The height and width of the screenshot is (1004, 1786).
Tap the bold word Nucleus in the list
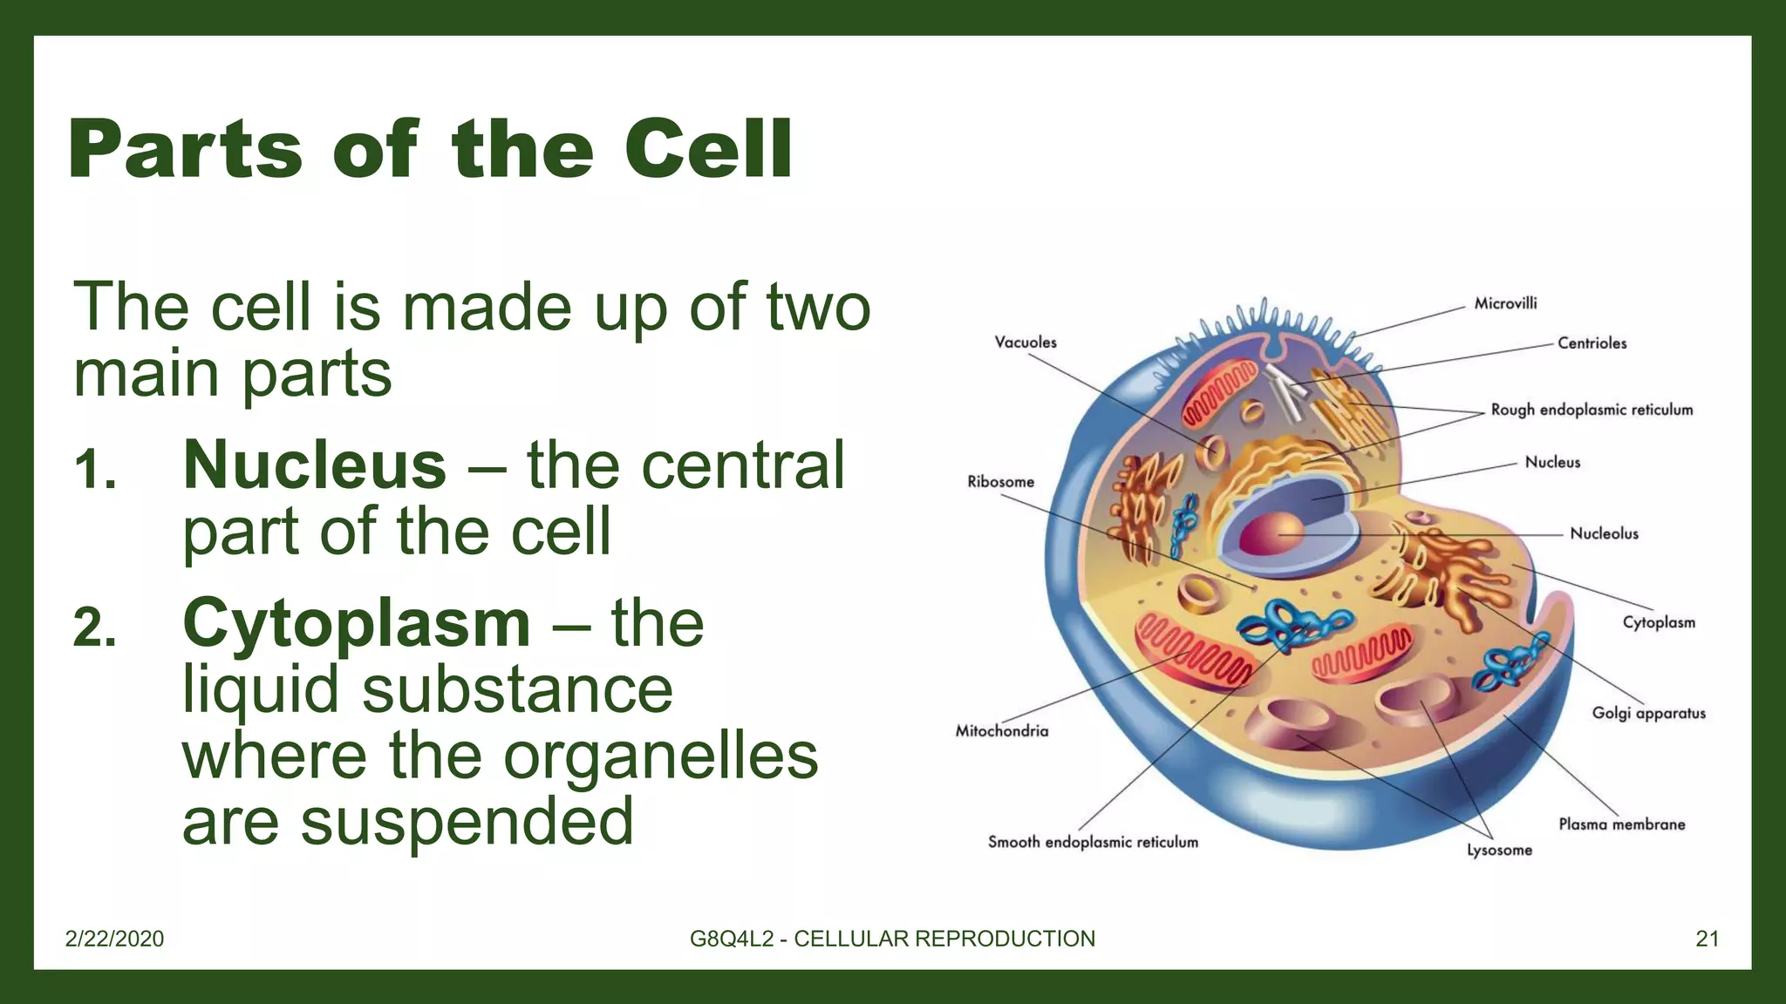coord(314,465)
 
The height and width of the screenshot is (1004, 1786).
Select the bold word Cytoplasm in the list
coord(356,624)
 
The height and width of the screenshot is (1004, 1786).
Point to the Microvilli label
coord(1505,303)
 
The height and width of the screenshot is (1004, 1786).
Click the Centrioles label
coord(1592,343)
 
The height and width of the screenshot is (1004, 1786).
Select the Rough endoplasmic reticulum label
coord(1592,410)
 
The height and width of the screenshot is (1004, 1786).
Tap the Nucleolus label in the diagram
coord(1604,533)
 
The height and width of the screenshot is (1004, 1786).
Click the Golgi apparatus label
coord(1648,713)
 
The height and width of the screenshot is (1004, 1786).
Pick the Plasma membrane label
coord(1621,824)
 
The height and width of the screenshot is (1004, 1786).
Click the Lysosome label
coord(1499,850)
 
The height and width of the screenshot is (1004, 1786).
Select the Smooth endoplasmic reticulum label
coord(1093,842)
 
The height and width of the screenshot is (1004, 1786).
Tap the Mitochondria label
coord(1001,731)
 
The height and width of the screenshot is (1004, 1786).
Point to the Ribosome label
coord(1000,482)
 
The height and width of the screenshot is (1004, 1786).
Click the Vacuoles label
coord(1025,343)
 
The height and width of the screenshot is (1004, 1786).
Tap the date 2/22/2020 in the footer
coord(114,939)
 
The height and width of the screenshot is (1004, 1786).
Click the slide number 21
coord(1707,939)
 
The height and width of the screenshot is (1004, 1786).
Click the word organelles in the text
coord(661,756)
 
